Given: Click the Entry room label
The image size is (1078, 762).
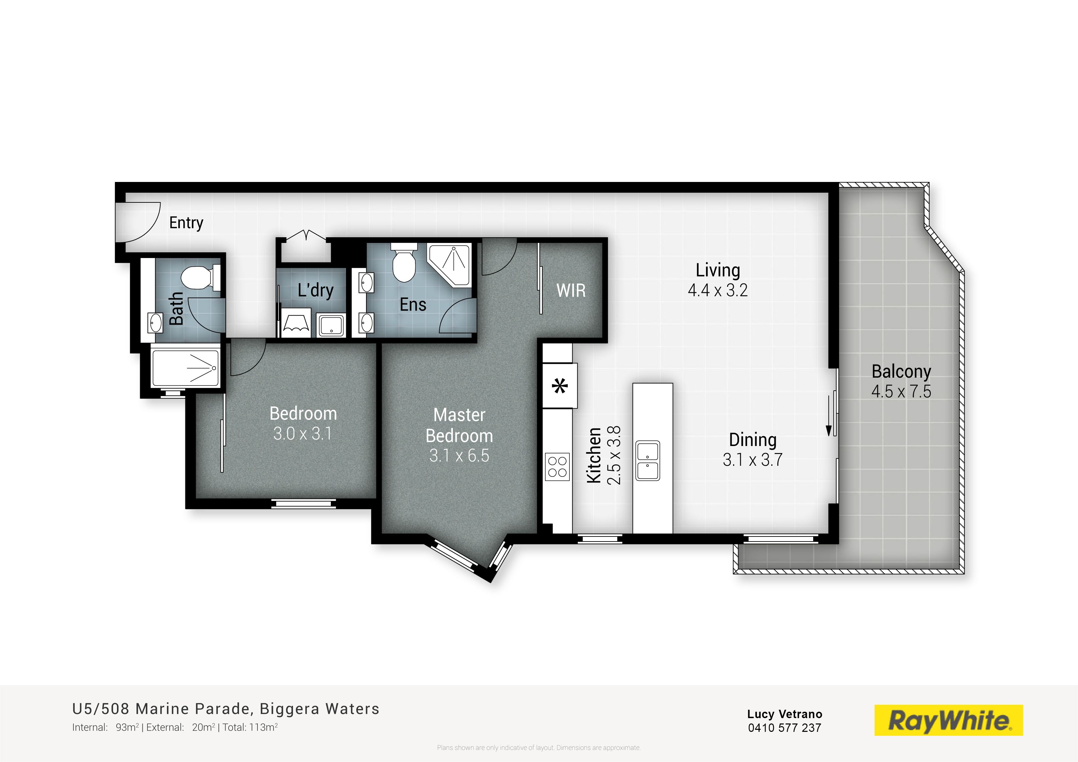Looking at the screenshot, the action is pyautogui.click(x=186, y=223).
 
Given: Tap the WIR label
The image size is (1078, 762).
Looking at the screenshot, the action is pyautogui.click(x=571, y=291).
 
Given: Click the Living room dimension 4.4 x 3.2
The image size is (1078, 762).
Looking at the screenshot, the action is pyautogui.click(x=717, y=291).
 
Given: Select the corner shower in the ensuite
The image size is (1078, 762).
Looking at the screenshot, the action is pyautogui.click(x=449, y=265).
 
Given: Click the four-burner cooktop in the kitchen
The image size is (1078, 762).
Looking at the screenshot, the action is pyautogui.click(x=557, y=467).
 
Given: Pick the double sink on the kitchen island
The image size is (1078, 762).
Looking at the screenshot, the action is pyautogui.click(x=648, y=460).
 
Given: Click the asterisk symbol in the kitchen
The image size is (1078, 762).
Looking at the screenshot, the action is pyautogui.click(x=560, y=386).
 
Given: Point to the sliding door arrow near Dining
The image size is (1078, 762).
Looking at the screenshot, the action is pyautogui.click(x=829, y=415).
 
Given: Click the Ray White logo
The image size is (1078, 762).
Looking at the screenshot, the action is pyautogui.click(x=948, y=720).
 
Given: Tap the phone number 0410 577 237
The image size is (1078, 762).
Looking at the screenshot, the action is pyautogui.click(x=785, y=728).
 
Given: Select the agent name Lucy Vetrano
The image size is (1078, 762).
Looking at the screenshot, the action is pyautogui.click(x=785, y=714).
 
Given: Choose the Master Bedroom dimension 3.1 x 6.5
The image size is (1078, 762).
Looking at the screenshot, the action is pyautogui.click(x=459, y=455).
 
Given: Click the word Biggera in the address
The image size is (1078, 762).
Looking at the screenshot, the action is pyautogui.click(x=289, y=709).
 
